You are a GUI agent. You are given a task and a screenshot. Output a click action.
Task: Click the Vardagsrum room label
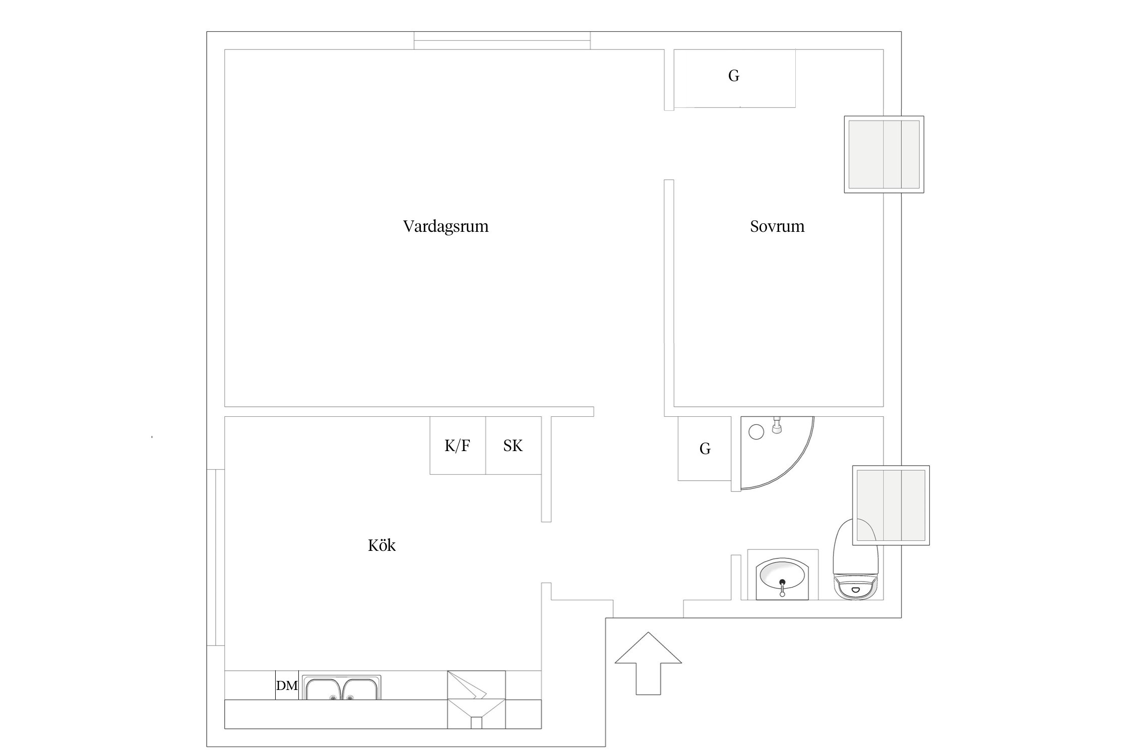446,226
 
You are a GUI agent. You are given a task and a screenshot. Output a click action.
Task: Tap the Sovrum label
777,226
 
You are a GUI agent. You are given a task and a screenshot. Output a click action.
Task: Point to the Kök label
382,545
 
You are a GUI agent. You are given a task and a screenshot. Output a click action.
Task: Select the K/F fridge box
458,446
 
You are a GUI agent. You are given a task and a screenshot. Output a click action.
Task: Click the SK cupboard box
514,446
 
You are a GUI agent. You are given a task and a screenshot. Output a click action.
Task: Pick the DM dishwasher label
287,685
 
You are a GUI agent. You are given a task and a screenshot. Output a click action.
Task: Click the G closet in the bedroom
734,78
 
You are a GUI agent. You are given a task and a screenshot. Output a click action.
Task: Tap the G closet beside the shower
705,449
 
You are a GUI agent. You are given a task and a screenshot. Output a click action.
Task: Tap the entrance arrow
648,663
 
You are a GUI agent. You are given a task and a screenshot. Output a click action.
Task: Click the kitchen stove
476,700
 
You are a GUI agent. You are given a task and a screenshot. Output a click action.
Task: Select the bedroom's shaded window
884,154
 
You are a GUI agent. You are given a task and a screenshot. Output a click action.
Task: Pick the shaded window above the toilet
891,506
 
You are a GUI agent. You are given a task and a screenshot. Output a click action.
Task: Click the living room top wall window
502,40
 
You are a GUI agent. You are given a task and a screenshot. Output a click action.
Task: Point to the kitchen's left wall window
216,557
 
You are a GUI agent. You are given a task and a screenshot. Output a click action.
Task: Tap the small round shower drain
756,431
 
